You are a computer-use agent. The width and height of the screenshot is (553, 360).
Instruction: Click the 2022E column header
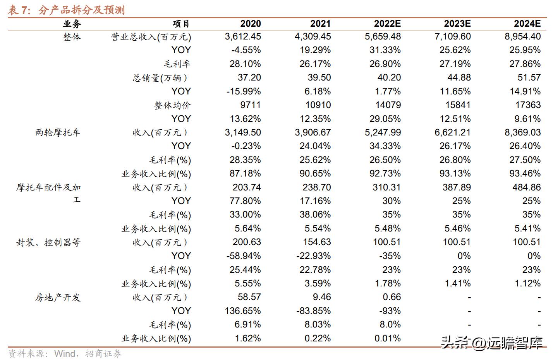(x=387, y=24)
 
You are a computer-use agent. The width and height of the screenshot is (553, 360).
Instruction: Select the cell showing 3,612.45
(x=243, y=37)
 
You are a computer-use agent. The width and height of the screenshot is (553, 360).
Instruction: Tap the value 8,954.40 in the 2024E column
(x=522, y=37)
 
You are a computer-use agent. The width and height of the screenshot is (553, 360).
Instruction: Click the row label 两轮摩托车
(x=58, y=133)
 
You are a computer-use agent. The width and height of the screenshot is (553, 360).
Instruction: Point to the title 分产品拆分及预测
(x=81, y=10)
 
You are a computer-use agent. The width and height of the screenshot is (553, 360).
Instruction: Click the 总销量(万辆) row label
(x=161, y=78)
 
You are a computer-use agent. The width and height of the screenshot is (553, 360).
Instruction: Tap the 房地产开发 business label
(x=58, y=298)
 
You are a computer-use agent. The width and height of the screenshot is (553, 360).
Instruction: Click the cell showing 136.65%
(x=243, y=311)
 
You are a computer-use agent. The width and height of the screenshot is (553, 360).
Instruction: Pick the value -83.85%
(x=313, y=311)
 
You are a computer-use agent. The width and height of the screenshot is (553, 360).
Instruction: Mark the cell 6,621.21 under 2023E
(x=452, y=133)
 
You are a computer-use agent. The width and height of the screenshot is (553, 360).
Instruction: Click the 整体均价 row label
(x=172, y=105)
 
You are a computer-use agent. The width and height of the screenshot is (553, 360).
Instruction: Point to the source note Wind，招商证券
(x=88, y=353)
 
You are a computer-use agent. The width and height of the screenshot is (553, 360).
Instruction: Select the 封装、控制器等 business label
(x=49, y=243)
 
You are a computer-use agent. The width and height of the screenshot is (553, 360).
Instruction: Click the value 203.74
(x=247, y=187)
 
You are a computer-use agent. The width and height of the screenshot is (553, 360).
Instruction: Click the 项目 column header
(x=181, y=24)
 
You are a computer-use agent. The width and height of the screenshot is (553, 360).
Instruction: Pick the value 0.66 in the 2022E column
(x=392, y=297)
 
